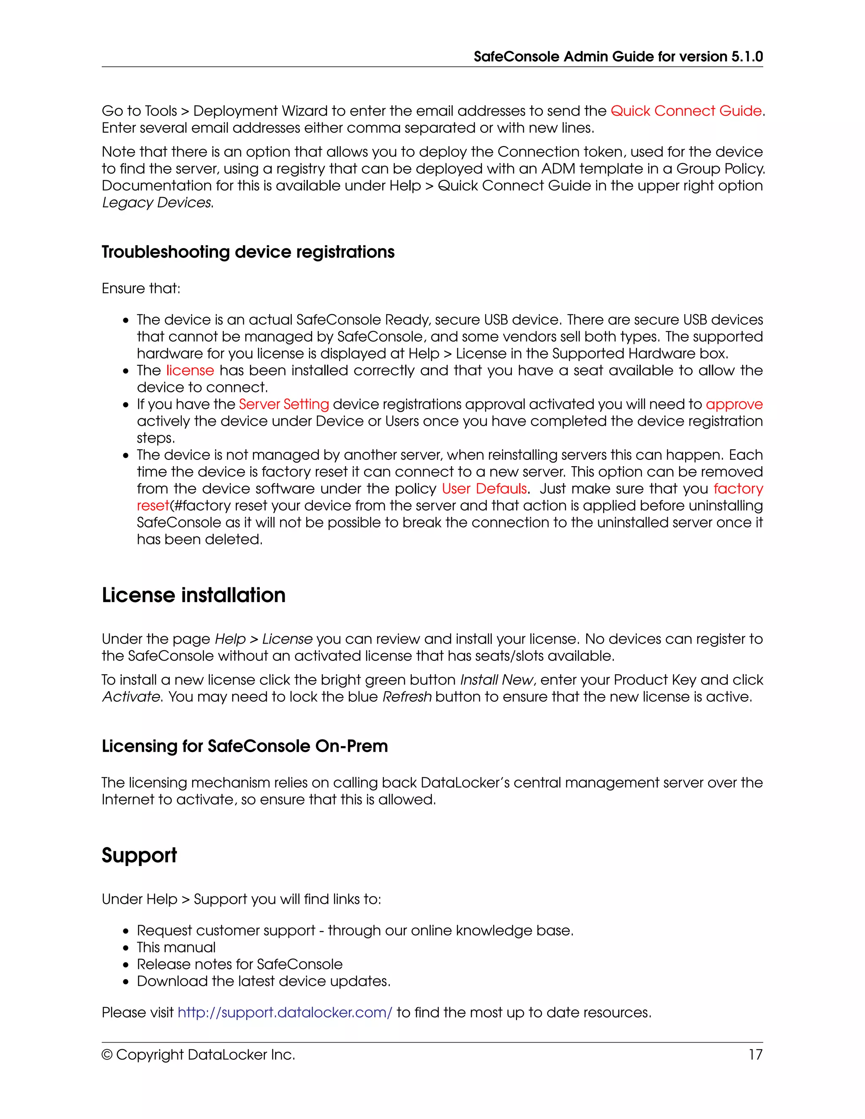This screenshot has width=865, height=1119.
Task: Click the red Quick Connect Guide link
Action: pyautogui.click(x=685, y=111)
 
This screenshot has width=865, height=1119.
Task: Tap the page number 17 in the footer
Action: pyautogui.click(x=755, y=1054)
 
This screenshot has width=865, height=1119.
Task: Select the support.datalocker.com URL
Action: pyautogui.click(x=285, y=1013)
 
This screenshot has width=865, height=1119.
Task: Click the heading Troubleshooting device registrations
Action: pyautogui.click(x=248, y=252)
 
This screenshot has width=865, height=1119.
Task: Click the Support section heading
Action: pyautogui.click(x=139, y=855)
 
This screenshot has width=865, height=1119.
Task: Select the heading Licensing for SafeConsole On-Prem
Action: pyautogui.click(x=245, y=746)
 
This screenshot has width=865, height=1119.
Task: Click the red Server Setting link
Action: pyautogui.click(x=284, y=404)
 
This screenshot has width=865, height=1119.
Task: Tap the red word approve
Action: pyautogui.click(x=734, y=404)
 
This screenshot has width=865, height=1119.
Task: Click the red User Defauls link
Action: pyautogui.click(x=484, y=489)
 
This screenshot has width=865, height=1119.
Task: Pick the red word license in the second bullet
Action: pyautogui.click(x=190, y=370)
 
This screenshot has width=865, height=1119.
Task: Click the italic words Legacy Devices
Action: pyautogui.click(x=157, y=203)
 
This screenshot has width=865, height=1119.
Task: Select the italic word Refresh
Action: pyautogui.click(x=407, y=697)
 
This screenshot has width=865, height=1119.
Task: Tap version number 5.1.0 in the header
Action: pyautogui.click(x=747, y=56)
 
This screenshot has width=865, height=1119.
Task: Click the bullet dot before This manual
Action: pyautogui.click(x=126, y=948)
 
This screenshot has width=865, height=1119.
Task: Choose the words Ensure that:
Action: pyautogui.click(x=141, y=288)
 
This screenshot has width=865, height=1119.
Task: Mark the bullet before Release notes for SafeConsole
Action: pyautogui.click(x=126, y=965)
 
